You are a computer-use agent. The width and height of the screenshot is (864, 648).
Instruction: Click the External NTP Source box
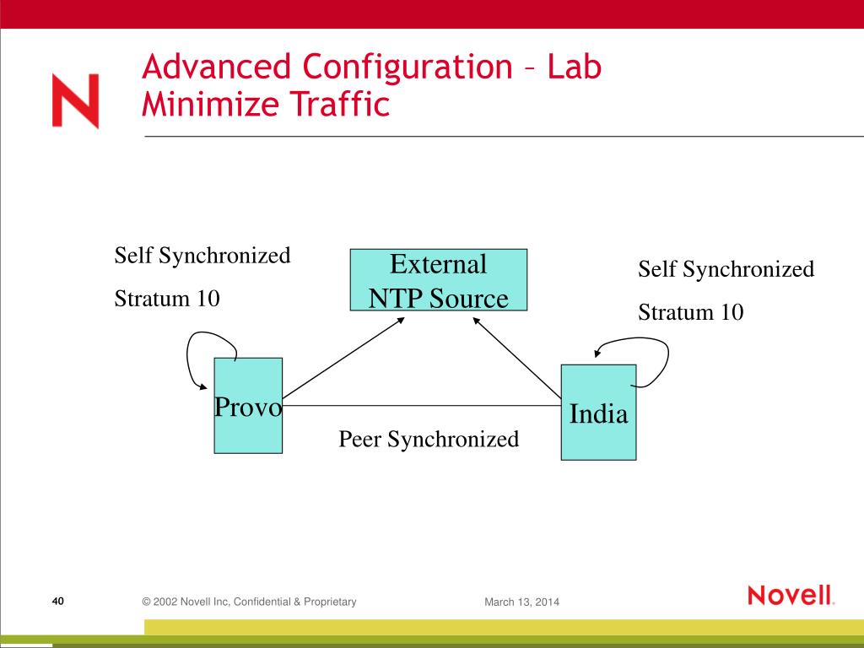[x=439, y=280]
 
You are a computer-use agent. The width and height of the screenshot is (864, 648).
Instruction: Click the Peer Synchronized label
[x=429, y=439]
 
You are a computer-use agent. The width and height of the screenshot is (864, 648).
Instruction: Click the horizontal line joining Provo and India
[x=422, y=405]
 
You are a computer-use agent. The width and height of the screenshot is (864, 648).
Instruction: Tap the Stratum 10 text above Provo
[x=167, y=298]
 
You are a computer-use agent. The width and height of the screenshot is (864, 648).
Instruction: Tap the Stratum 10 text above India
[x=691, y=312]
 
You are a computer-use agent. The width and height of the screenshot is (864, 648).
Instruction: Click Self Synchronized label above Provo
[x=202, y=255]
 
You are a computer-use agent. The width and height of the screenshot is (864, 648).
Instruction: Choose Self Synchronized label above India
[x=726, y=269]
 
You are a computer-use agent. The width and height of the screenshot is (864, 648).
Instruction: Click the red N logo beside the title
[x=75, y=100]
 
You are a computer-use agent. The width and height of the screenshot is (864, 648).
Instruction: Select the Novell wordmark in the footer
[x=791, y=596]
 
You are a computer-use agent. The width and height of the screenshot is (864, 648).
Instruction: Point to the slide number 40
[x=58, y=601]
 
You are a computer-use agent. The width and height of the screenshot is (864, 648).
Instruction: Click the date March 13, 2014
[x=521, y=602]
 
